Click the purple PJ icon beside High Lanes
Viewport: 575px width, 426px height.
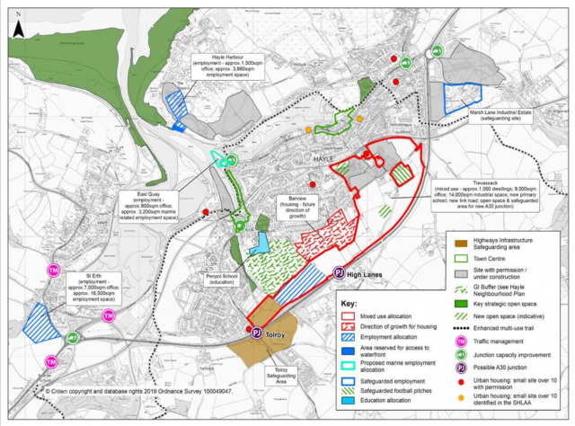pos(339,272)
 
